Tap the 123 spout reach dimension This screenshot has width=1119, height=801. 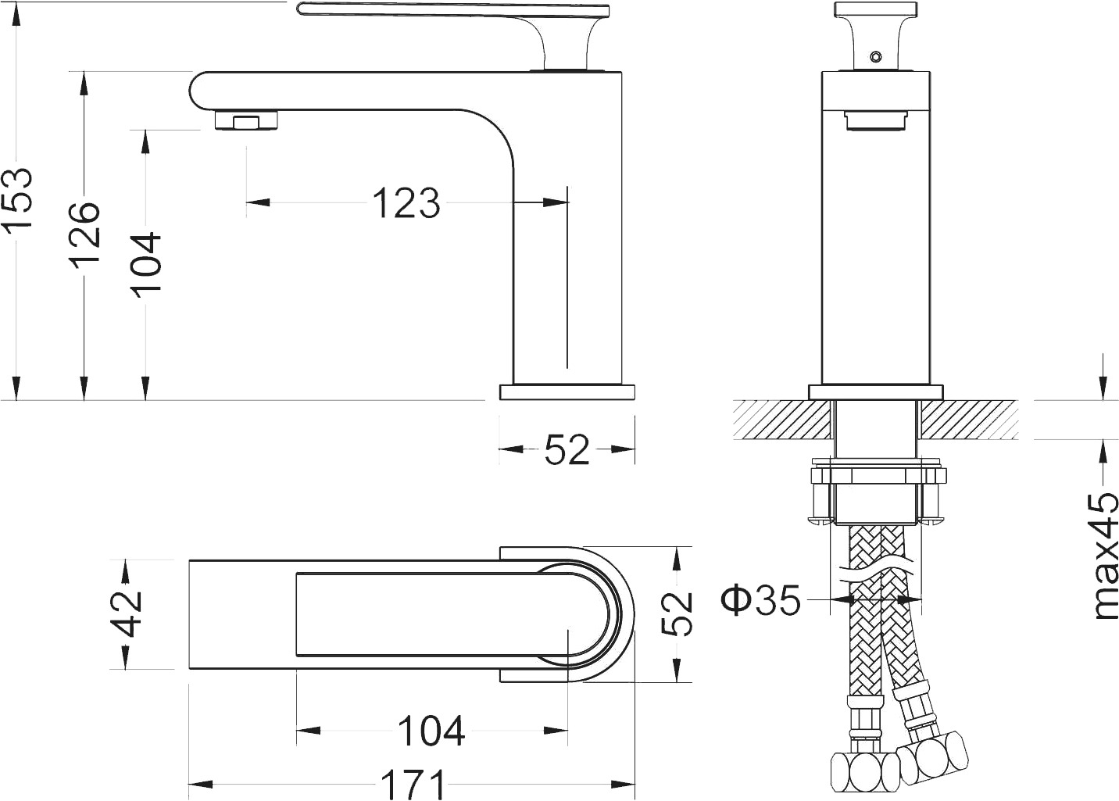406,203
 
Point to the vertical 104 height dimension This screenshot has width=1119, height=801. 146,264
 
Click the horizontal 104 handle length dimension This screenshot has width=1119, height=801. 432,731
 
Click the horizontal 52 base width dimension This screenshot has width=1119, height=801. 567,449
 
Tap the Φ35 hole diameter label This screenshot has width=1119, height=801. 760,599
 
